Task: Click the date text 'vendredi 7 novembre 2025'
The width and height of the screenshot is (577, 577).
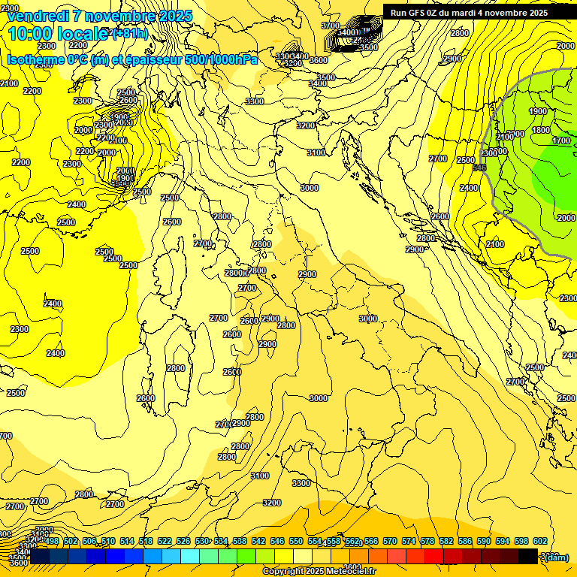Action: [100, 16]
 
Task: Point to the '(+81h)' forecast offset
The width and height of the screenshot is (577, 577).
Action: [129, 34]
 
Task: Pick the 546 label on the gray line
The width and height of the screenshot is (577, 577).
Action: [480, 168]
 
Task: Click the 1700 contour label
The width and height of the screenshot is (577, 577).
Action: [561, 140]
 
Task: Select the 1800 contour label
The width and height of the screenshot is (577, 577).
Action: [541, 130]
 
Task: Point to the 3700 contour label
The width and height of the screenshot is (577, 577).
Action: [331, 26]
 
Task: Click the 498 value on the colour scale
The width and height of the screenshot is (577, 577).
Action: [52, 541]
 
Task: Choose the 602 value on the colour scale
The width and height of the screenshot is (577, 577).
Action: [540, 541]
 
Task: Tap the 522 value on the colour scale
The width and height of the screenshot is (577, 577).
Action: [165, 541]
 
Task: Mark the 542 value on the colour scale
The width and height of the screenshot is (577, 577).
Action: [258, 541]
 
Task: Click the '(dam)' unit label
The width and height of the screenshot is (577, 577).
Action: [556, 557]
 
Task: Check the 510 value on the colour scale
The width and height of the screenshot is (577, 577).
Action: [108, 541]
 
